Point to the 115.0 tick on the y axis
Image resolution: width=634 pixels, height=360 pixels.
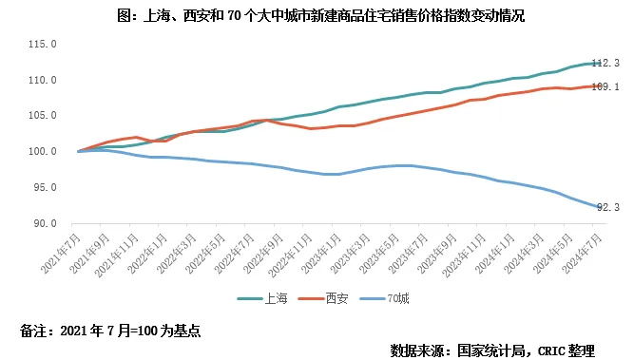(x=43, y=45)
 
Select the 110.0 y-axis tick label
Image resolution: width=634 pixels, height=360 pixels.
(x=43, y=81)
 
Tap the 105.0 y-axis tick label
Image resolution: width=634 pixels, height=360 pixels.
(x=43, y=116)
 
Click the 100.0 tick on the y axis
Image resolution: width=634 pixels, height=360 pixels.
(x=43, y=152)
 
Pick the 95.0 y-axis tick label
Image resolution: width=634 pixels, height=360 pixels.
(x=45, y=188)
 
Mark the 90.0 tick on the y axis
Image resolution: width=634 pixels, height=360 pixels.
(x=45, y=224)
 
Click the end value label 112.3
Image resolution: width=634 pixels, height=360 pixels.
(x=605, y=63)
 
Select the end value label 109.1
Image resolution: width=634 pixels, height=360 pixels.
(x=605, y=86)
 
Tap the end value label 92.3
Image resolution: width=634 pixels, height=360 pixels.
(x=605, y=207)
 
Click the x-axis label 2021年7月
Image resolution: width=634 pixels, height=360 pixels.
(x=62, y=254)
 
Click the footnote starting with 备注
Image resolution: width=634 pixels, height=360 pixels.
(x=110, y=332)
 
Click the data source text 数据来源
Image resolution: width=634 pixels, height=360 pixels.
(x=491, y=350)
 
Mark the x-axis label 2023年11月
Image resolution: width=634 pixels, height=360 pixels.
(x=465, y=256)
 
